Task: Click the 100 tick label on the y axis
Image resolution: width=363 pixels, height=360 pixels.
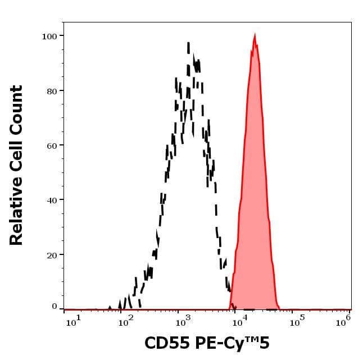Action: [x=49, y=36]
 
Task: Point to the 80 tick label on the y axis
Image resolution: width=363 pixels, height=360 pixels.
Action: [x=52, y=90]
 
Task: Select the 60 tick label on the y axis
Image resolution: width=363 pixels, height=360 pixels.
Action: [x=52, y=145]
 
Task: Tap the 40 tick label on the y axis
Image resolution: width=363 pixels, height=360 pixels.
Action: [x=52, y=199]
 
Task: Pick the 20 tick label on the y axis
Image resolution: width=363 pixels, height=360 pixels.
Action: [x=52, y=254]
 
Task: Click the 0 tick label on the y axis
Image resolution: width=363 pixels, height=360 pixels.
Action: [x=55, y=307]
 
